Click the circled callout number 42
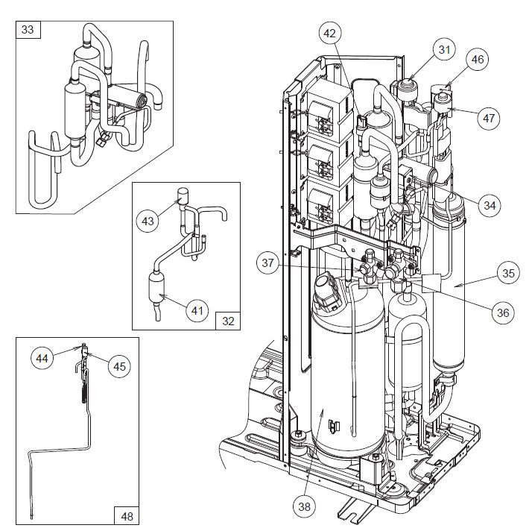pyautogui.click(x=330, y=33)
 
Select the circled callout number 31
pyautogui.click(x=444, y=50)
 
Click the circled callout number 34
pyautogui.click(x=488, y=204)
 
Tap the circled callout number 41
pyautogui.click(x=195, y=309)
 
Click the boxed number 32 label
pyautogui.click(x=228, y=321)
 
